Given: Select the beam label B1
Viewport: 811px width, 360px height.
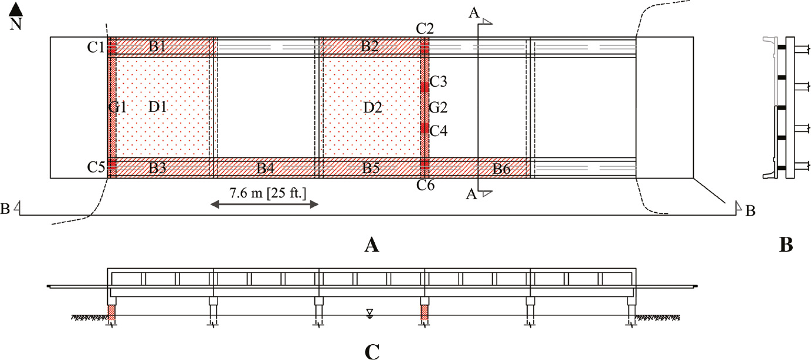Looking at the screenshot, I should (x=157, y=47).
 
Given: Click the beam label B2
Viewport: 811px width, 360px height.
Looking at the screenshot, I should (x=369, y=47).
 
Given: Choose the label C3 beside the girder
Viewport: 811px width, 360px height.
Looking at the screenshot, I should (x=439, y=82).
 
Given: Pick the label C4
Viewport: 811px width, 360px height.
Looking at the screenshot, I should (x=439, y=130).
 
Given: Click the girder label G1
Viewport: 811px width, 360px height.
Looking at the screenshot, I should (x=117, y=107).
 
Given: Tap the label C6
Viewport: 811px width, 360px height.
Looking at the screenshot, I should (x=425, y=186).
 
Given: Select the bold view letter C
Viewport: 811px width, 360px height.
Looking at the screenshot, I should (x=371, y=352).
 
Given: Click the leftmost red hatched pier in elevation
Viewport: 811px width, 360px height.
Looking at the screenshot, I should (x=111, y=314).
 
